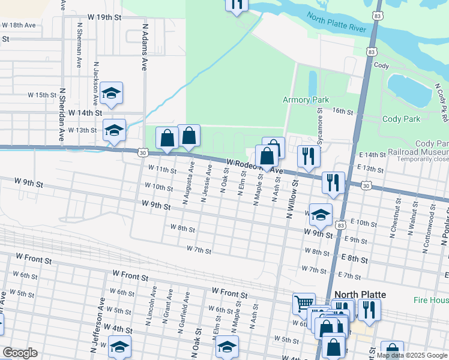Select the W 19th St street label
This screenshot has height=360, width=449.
click(x=104, y=17)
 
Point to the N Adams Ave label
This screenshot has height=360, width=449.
click(x=145, y=47)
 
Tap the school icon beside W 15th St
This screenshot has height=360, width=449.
click(x=112, y=94)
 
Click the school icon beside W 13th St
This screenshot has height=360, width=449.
click(x=114, y=130)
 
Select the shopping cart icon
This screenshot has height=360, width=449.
click(x=304, y=303)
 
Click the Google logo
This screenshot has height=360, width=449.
click(x=20, y=353)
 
